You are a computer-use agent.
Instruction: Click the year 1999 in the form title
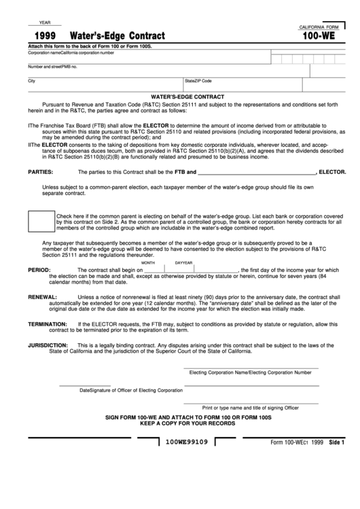click(45, 35)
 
